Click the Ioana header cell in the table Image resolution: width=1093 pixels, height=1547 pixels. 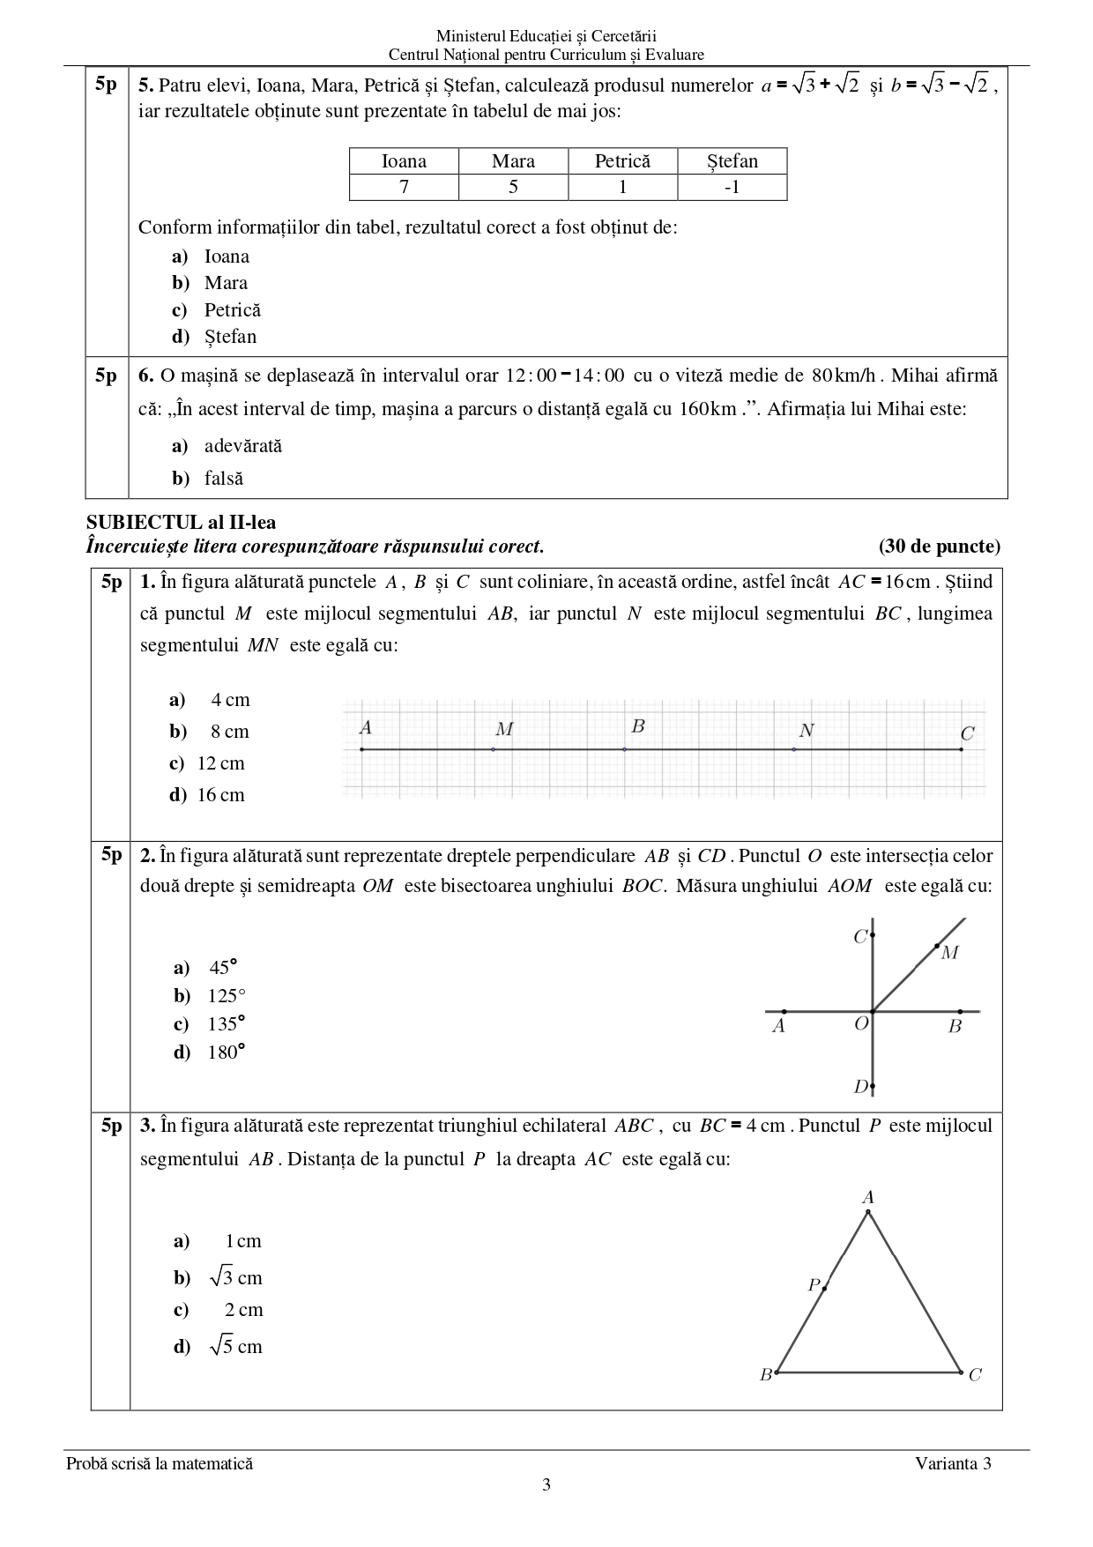404,161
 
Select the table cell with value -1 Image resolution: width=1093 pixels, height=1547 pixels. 732,187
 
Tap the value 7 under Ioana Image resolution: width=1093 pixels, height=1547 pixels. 404,187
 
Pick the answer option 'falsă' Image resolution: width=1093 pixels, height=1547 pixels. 223,479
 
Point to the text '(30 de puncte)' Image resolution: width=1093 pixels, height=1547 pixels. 939,547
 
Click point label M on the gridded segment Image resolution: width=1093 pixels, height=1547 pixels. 504,730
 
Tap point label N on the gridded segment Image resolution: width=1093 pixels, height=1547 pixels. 807,731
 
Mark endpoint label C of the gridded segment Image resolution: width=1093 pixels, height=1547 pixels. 967,733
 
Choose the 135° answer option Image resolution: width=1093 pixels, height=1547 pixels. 226,1024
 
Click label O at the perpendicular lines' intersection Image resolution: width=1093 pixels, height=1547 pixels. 861,1023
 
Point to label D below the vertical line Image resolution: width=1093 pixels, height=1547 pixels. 861,1087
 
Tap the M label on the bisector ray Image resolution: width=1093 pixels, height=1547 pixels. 949,953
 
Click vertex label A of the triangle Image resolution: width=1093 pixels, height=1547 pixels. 868,1198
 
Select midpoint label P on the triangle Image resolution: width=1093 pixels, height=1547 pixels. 814,1285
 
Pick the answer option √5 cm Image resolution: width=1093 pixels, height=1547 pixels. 235,1346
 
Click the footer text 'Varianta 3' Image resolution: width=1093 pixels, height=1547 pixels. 953,1464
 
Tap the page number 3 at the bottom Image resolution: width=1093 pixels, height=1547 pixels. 546,1485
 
